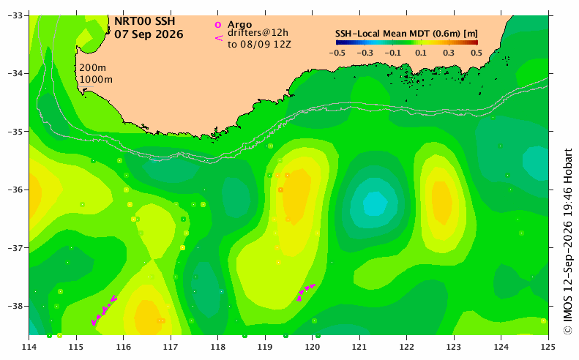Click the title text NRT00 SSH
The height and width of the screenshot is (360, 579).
(144, 21)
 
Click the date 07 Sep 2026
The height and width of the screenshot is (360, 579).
(149, 34)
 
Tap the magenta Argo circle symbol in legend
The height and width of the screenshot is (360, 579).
(218, 25)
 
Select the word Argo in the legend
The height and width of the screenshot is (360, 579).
(239, 25)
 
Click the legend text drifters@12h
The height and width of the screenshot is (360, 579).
(258, 33)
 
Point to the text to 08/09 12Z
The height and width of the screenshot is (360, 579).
(259, 45)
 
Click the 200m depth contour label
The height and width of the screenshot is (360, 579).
(92, 68)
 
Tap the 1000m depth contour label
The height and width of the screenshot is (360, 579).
(96, 79)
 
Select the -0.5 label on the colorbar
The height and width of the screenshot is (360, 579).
(337, 53)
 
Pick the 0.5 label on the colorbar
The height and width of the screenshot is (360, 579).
(477, 53)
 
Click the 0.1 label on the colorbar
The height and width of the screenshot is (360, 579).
(421, 53)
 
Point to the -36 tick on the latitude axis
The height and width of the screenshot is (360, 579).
(15, 190)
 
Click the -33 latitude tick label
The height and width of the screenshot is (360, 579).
(15, 15)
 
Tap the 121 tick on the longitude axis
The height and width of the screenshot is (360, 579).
(359, 347)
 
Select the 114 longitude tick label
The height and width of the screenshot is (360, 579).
(29, 347)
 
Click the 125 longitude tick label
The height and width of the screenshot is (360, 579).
(548, 347)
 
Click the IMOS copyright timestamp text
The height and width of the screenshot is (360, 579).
(568, 242)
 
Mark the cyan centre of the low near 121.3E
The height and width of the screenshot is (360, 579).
(375, 203)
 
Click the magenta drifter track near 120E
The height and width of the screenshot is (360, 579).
(306, 292)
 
